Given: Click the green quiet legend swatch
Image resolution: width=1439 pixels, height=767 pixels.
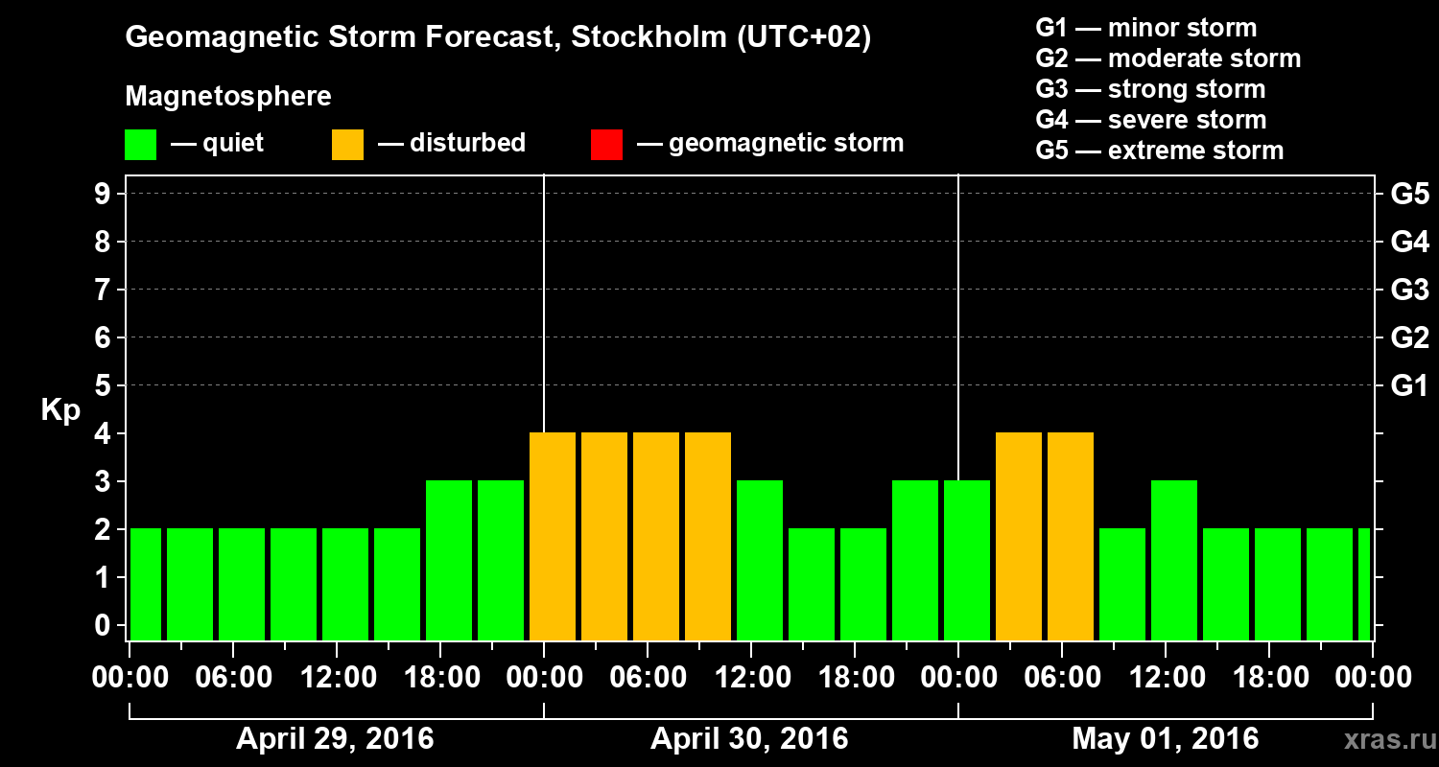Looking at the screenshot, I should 140,144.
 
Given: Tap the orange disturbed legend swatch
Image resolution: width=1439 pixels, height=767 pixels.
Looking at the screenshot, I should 347,144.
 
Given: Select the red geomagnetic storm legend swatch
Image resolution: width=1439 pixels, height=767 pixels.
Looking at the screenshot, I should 606,144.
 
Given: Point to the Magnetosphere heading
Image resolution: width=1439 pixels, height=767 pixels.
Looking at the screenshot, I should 228,97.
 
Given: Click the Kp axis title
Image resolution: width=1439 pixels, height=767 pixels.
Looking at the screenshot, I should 60,410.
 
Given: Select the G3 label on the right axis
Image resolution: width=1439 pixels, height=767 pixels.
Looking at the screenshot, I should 1409,291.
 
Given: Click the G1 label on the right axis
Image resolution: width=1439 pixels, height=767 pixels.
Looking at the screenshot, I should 1409,386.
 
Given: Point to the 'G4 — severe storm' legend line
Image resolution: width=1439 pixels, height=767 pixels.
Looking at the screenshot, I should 1150,120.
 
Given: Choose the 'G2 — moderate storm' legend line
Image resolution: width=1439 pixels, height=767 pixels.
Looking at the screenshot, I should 1168,58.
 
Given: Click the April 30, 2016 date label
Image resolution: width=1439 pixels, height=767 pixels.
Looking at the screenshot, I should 749,739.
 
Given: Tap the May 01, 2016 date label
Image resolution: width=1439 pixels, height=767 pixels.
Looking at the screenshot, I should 1165,739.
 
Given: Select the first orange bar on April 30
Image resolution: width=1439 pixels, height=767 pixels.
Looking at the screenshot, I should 553,537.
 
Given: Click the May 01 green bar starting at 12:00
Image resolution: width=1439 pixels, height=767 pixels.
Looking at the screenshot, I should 1174,561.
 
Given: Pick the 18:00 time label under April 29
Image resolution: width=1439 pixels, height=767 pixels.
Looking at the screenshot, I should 440,678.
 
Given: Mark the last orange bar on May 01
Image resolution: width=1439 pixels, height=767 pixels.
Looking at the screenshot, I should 1071,537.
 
